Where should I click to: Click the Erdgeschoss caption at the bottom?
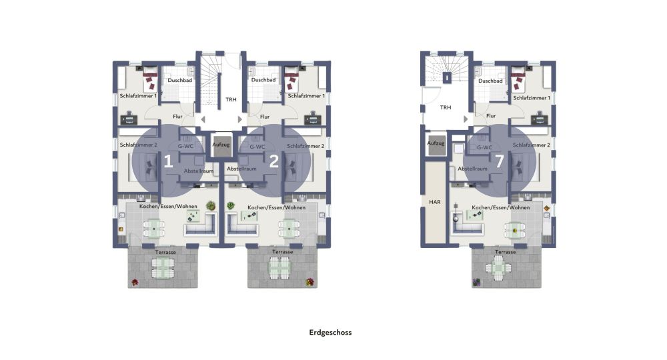coord(331,333)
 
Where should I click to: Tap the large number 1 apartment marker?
coord(169,161)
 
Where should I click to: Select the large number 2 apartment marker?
coord(274,161)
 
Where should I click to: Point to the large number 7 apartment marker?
coord(500,161)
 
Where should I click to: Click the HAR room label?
coord(435,202)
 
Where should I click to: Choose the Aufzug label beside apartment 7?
coord(436,143)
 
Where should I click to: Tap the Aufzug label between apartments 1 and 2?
coord(221,145)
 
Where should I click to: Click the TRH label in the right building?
coord(446,107)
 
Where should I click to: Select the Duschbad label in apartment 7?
coord(490,81)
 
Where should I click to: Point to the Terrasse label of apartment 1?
coord(165,252)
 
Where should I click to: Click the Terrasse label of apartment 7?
coord(506,252)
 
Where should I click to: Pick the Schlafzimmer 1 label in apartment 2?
coord(306,96)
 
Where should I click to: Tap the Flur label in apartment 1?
coord(177,117)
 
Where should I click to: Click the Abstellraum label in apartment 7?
coord(473,169)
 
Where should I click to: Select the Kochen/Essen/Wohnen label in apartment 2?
coord(277,207)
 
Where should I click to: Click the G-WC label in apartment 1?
coord(185,146)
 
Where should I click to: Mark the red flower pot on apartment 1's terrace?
coord(135,282)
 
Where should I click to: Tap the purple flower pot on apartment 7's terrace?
coord(476,282)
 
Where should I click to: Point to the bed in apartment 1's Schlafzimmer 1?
coord(149,79)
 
